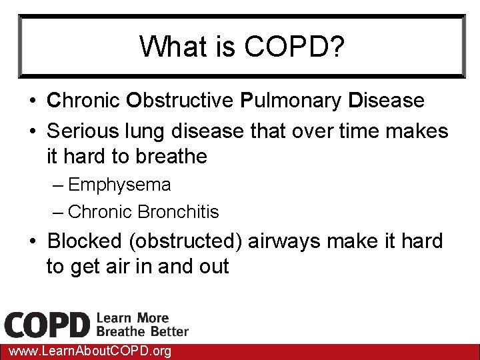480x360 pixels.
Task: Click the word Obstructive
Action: point(179,101)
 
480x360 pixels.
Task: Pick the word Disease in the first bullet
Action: point(386,101)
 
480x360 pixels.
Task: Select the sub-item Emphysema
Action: point(119,185)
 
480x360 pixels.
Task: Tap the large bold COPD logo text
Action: point(47,325)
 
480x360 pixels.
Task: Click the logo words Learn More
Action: point(133,318)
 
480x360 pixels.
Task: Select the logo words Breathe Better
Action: point(143,331)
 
